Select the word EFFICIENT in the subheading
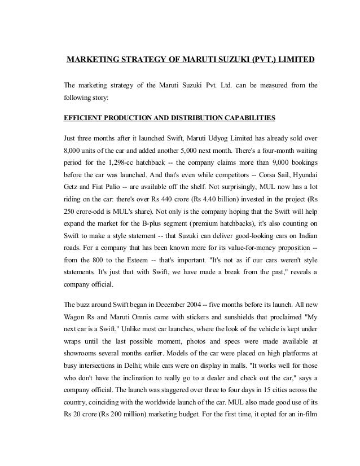85,118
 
